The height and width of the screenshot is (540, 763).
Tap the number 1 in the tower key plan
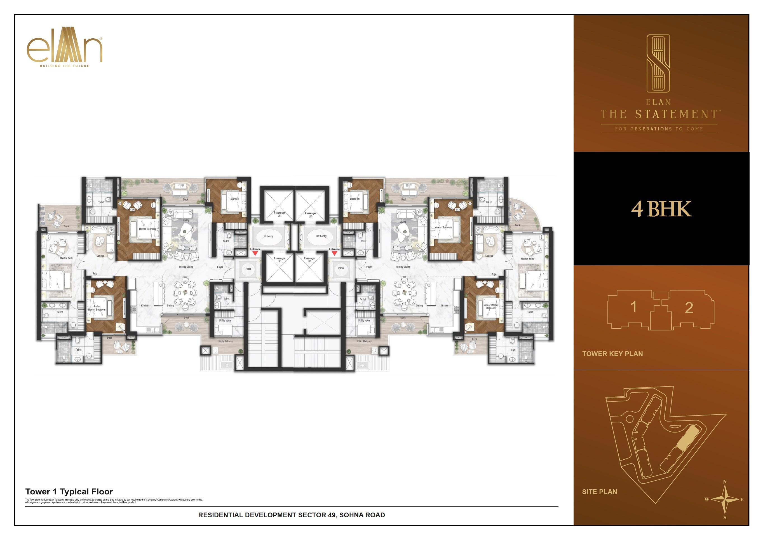(x=633, y=307)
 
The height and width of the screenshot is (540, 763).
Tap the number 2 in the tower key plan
(x=689, y=308)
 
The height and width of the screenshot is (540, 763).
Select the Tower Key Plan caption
(x=612, y=354)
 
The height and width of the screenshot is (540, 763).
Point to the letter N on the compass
(x=725, y=482)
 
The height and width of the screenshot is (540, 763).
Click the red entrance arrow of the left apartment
(x=255, y=253)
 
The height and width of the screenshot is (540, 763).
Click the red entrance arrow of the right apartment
(x=334, y=253)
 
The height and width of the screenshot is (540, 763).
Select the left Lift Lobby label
(x=268, y=237)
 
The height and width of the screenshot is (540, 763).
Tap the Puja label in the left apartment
(x=95, y=274)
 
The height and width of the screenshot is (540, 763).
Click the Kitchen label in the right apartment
(x=444, y=305)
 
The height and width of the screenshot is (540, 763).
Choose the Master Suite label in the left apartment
(x=66, y=258)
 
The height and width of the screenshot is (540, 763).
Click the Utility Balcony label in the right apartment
(x=364, y=341)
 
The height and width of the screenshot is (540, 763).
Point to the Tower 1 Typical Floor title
(x=69, y=492)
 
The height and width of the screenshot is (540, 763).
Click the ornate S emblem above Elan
(x=658, y=63)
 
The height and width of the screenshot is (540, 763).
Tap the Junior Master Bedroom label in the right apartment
(x=491, y=306)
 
